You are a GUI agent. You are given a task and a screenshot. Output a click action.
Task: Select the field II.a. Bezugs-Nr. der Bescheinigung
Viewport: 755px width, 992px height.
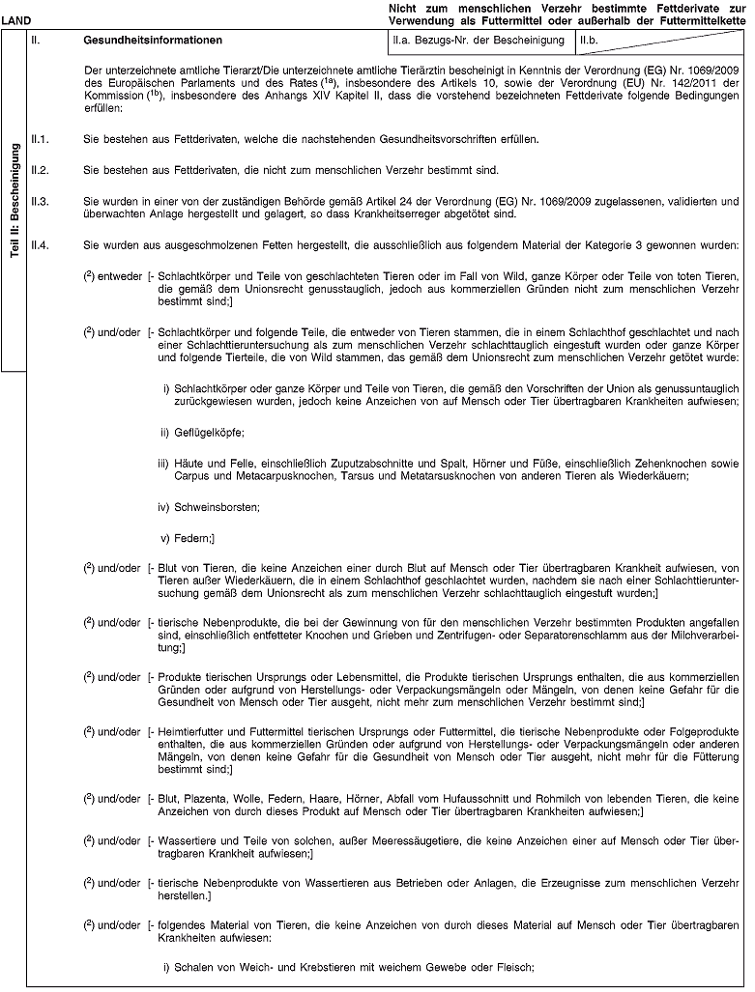pyautogui.click(x=475, y=42)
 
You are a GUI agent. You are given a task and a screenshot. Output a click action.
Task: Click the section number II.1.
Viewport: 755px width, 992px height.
pyautogui.click(x=43, y=140)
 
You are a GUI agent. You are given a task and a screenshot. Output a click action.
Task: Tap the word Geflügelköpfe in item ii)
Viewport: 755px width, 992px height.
pyautogui.click(x=201, y=430)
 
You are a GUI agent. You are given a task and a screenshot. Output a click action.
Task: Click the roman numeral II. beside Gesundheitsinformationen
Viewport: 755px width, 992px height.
pyautogui.click(x=37, y=42)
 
